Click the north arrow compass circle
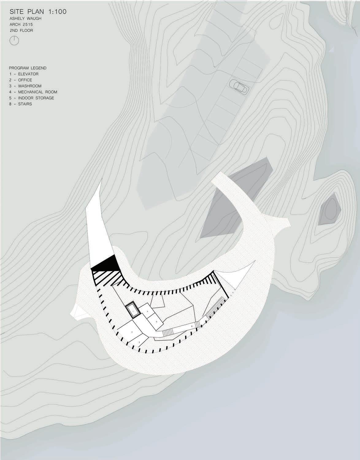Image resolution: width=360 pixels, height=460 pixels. [x=14, y=40]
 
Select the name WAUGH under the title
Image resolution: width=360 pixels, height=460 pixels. [x=34, y=19]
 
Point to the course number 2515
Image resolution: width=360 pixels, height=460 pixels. [x=31, y=25]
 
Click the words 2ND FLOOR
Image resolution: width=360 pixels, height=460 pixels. [x=21, y=31]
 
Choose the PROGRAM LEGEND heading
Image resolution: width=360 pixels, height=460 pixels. [x=28, y=68]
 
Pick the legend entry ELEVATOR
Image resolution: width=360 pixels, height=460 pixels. [x=28, y=74]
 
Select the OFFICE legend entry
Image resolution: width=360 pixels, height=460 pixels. [x=25, y=80]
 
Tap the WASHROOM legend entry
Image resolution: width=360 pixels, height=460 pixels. [x=29, y=86]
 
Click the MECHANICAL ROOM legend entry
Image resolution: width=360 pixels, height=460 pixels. [x=37, y=92]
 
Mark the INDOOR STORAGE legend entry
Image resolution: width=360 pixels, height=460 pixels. [x=36, y=98]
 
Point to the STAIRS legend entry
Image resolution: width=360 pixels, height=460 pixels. [x=25, y=104]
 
